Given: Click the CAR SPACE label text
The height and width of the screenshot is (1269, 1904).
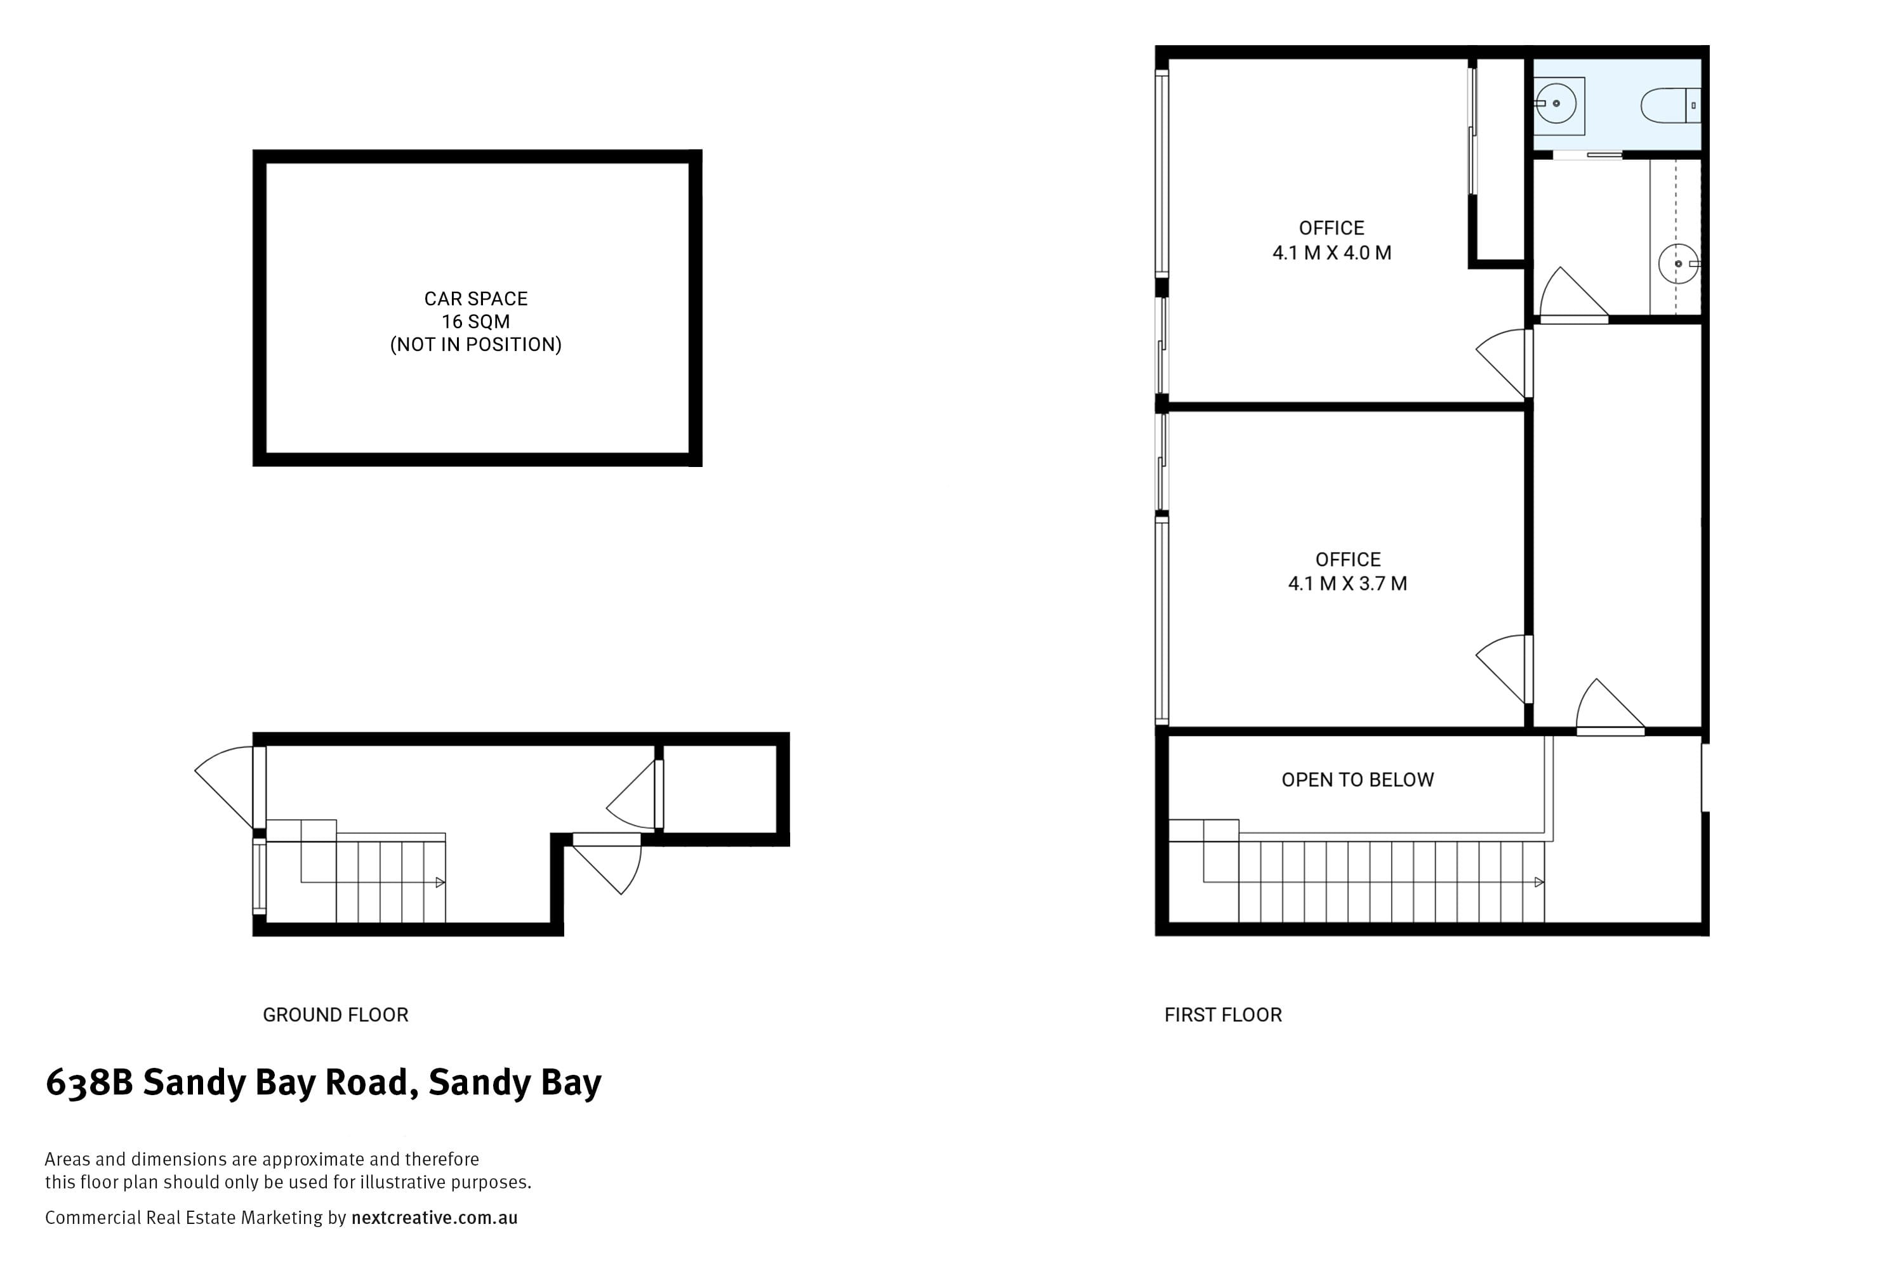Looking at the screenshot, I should point(475,299).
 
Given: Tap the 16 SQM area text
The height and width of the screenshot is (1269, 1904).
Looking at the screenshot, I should point(475,321).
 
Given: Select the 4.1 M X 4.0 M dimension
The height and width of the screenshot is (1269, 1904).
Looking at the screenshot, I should point(1332,253).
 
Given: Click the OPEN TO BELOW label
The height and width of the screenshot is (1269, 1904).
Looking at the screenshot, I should point(1358,779).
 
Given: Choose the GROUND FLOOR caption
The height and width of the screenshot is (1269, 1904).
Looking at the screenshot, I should point(335,1015).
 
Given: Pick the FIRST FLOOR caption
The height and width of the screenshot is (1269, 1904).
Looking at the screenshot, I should point(1222,1015).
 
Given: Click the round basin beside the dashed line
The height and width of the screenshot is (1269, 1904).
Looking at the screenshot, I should point(1677,264).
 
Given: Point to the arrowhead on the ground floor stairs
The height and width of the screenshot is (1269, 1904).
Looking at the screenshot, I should point(440,882).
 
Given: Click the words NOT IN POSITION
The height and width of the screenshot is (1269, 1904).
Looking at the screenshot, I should point(475,345).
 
